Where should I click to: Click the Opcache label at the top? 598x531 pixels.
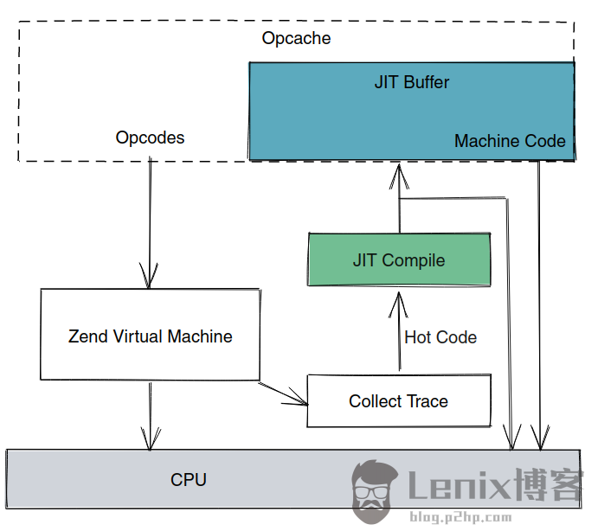[296, 39]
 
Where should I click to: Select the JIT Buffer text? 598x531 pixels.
[412, 83]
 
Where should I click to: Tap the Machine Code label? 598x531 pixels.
[510, 141]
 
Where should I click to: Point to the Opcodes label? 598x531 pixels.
[150, 138]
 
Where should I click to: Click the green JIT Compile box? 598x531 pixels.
[399, 260]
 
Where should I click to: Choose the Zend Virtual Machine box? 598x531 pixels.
[150, 336]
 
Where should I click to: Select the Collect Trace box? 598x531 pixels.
[399, 401]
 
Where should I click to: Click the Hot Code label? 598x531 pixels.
[440, 337]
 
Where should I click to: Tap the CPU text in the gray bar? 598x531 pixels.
[189, 479]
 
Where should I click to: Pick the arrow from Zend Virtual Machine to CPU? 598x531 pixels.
[151, 415]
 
